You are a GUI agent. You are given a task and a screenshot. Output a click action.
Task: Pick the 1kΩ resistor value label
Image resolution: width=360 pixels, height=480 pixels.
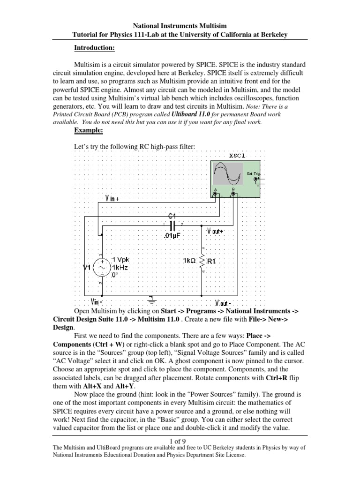click(190, 260)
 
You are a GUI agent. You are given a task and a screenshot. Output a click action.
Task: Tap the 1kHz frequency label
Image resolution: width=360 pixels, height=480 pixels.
click(119, 267)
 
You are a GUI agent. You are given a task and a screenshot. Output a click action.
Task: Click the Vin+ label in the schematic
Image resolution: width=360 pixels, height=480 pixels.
click(112, 198)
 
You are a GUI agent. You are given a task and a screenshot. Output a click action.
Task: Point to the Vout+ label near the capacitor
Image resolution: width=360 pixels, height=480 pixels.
click(215, 231)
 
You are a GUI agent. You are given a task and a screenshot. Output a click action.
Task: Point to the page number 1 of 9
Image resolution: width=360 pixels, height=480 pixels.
click(180, 441)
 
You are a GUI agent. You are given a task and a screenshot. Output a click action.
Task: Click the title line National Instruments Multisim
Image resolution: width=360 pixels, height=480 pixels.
click(180, 27)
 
